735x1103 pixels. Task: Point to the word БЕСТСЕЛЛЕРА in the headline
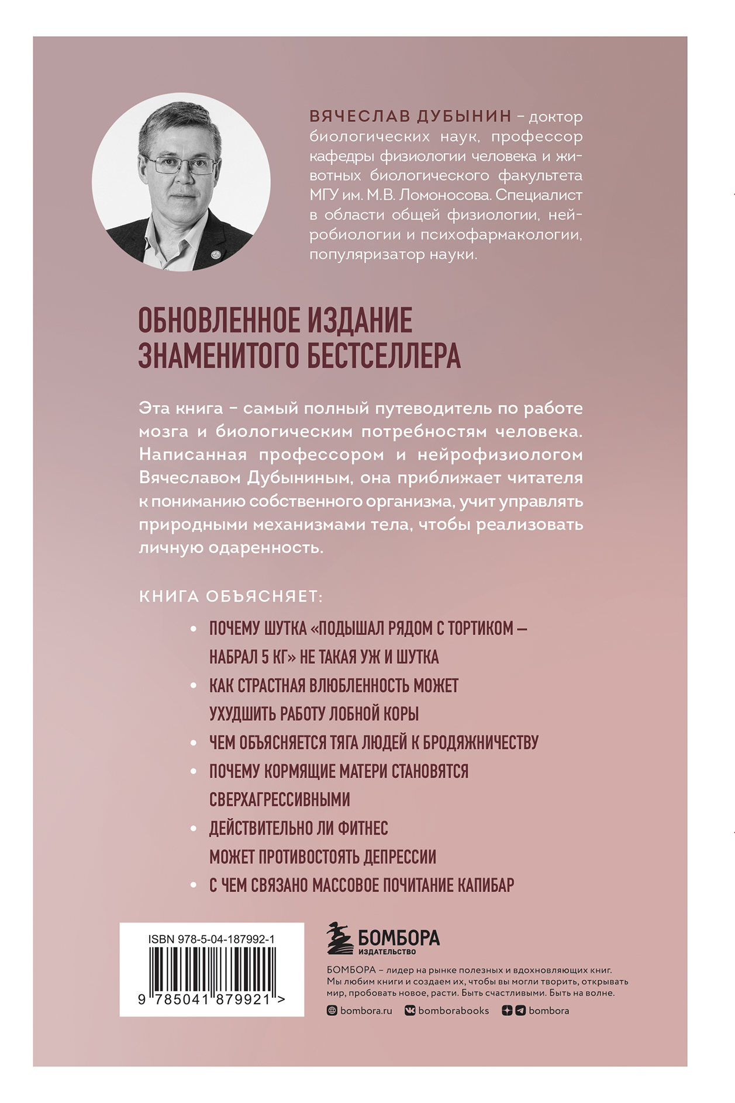coord(384,355)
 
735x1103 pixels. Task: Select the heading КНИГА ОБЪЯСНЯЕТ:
coord(230,596)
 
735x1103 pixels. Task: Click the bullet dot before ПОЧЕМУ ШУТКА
coord(194,629)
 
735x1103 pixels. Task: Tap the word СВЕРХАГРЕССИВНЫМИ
coord(279,799)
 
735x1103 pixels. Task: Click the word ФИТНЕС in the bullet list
coord(361,828)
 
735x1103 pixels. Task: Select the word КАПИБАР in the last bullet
coord(485,885)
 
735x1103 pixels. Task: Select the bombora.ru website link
coord(366,1011)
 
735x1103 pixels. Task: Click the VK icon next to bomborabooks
coord(410,1011)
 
